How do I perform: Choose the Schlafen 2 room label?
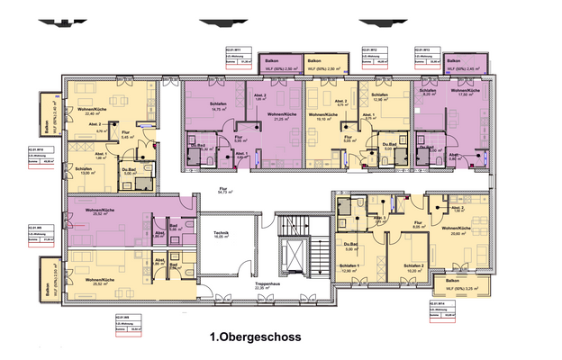(x=413, y=266)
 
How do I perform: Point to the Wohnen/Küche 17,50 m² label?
(x=463, y=93)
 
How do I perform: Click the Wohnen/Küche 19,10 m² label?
(x=323, y=116)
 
